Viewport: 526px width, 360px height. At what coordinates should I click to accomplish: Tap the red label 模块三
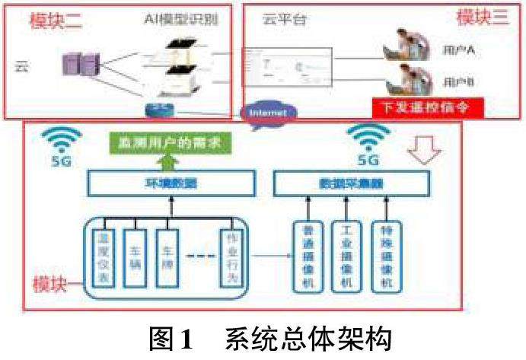click(480, 18)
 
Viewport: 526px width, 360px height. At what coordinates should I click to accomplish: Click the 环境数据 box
click(168, 183)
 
